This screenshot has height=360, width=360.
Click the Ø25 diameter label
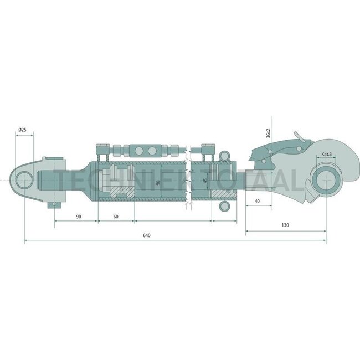point(22,130)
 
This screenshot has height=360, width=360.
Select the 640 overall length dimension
point(146,236)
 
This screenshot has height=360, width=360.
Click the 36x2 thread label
point(268,133)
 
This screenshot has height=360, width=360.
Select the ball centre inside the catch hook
point(325,181)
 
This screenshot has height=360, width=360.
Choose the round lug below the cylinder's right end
point(225,206)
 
